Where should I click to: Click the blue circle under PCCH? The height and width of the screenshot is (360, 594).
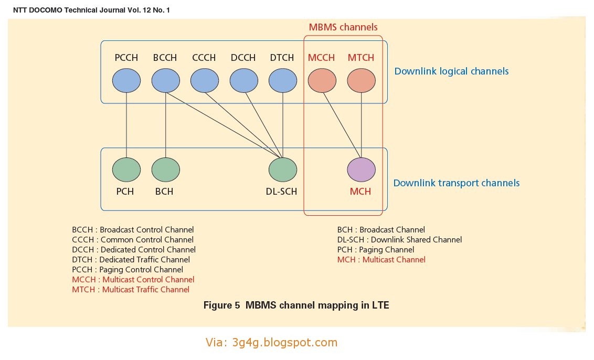click(126, 81)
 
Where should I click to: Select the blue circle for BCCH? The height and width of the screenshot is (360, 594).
click(165, 81)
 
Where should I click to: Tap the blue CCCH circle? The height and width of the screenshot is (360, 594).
click(204, 81)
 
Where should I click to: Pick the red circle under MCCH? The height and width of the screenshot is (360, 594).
click(322, 81)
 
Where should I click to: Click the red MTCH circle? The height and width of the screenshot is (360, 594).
click(361, 81)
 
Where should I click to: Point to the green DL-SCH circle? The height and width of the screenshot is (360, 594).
click(283, 170)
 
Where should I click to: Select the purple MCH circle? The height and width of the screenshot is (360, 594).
click(361, 170)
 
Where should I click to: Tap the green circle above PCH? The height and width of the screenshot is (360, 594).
click(126, 170)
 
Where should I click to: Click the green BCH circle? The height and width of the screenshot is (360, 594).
click(165, 170)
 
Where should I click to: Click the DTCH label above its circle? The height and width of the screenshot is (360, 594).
click(282, 58)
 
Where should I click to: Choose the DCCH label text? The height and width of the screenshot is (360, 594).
click(243, 58)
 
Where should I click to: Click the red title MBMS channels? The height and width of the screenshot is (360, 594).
click(343, 27)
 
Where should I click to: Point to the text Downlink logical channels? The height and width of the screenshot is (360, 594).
click(451, 71)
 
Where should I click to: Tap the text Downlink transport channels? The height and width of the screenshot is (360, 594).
click(456, 183)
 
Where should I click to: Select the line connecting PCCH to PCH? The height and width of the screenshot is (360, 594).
click(126, 126)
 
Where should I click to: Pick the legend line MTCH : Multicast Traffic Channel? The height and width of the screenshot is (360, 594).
click(131, 290)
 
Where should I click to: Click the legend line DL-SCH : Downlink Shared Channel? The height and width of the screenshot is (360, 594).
click(399, 240)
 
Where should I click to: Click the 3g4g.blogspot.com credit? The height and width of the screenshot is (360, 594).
click(271, 343)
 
